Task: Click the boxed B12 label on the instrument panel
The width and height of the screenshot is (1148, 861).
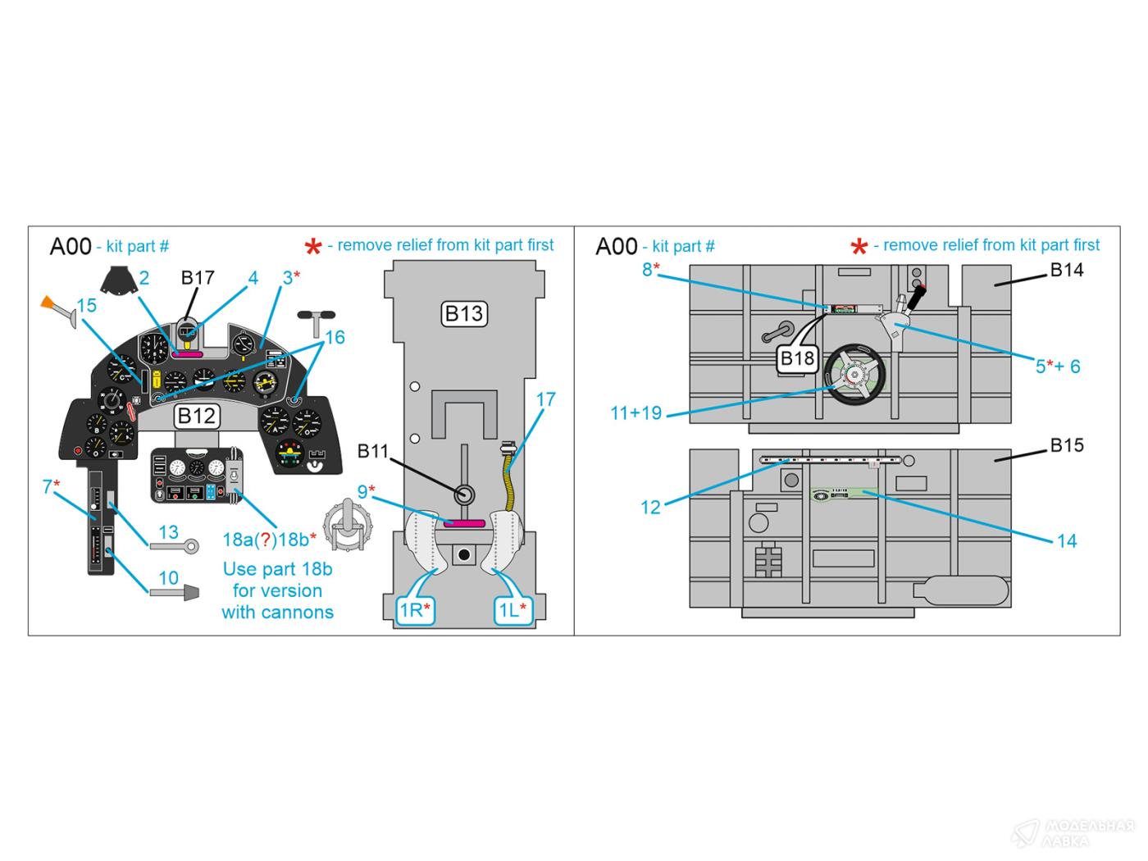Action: coord(196,416)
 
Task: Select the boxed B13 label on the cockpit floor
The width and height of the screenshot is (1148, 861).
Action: coord(463,313)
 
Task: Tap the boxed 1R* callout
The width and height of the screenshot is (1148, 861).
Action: coord(415,609)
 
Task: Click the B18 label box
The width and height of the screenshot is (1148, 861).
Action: coord(797,358)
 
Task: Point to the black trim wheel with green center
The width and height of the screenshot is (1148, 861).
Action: coord(855,376)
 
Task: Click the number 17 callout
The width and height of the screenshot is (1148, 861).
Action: coord(545,399)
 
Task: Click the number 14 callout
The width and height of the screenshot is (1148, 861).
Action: coord(1066,540)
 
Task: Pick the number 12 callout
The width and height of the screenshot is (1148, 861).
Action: coord(650,507)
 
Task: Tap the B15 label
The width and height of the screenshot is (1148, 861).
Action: coord(1067,445)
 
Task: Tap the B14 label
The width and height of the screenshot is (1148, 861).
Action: coord(1067,270)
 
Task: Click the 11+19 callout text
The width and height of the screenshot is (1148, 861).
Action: coord(635,413)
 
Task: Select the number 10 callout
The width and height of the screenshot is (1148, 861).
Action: coord(168,577)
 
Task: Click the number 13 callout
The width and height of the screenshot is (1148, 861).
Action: coord(168,532)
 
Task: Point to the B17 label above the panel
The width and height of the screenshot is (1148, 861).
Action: coord(198,277)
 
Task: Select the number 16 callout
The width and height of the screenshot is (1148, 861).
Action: coord(335,337)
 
